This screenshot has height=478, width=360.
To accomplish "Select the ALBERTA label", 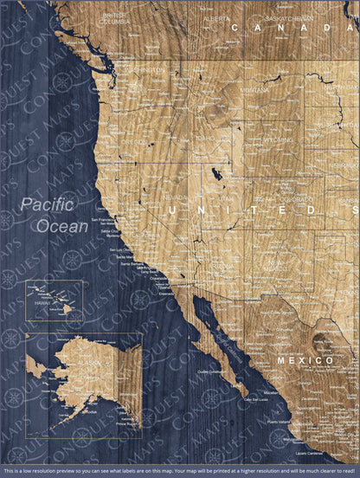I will pyautogui.click(x=216, y=17).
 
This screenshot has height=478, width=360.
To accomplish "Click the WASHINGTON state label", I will pyautogui.click(x=144, y=70).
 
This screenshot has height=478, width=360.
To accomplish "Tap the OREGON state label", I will pyautogui.click(x=134, y=141).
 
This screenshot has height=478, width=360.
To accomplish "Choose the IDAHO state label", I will pyautogui.click(x=205, y=137).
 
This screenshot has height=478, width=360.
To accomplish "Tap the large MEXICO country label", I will pyautogui.click(x=305, y=358).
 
